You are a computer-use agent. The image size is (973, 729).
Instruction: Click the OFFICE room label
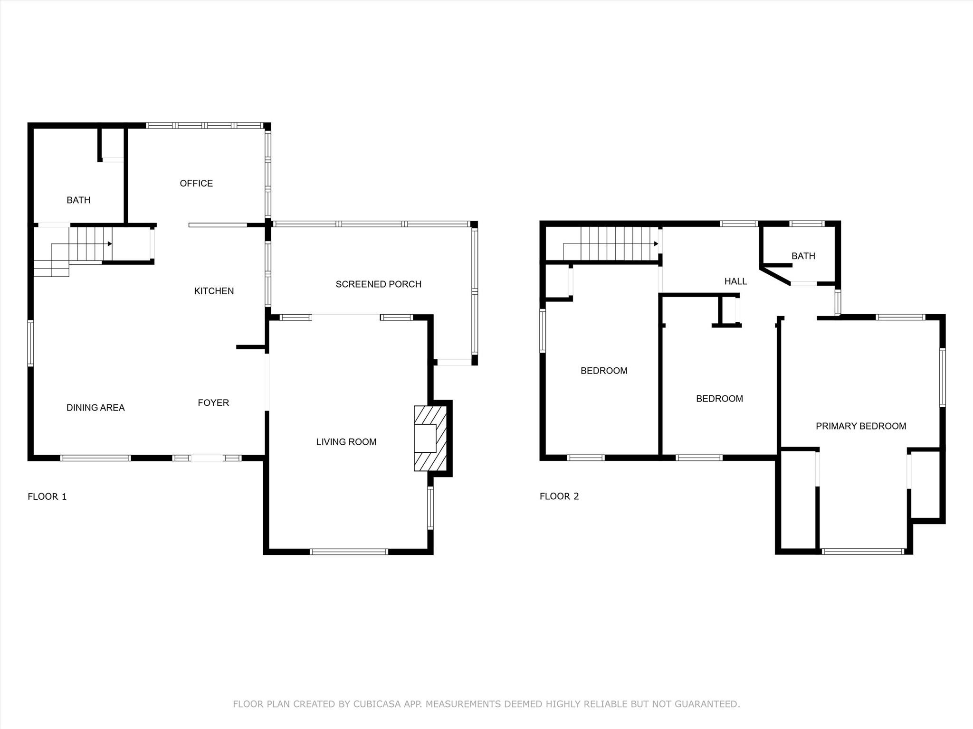[x=196, y=183]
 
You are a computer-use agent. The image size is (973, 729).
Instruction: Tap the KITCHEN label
[x=214, y=291]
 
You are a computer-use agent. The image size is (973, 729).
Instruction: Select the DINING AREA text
[x=95, y=407]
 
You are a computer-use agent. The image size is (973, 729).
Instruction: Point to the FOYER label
[x=213, y=402]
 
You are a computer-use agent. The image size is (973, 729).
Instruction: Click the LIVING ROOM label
[x=346, y=442]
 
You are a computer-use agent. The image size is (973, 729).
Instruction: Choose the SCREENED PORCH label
[x=379, y=284]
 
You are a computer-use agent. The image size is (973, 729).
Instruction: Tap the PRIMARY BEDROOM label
[x=861, y=426]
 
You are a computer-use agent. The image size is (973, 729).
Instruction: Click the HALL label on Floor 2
[x=735, y=281]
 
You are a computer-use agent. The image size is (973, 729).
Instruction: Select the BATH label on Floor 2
[x=803, y=256]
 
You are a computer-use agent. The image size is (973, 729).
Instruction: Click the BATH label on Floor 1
[x=78, y=200]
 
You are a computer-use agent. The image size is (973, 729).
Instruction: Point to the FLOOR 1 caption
[x=47, y=496]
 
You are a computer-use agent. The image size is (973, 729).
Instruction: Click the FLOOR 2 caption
[x=559, y=496]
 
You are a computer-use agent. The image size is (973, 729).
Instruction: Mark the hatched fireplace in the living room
[x=430, y=439]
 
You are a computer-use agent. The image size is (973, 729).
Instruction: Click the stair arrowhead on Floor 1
[x=110, y=244]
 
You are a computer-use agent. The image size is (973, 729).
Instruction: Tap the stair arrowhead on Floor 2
[x=656, y=244]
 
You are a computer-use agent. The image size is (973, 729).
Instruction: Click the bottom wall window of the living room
[x=349, y=551]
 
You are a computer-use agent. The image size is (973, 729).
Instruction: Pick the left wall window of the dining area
[x=31, y=343]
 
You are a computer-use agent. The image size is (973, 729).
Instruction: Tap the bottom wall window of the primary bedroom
[x=863, y=551]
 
